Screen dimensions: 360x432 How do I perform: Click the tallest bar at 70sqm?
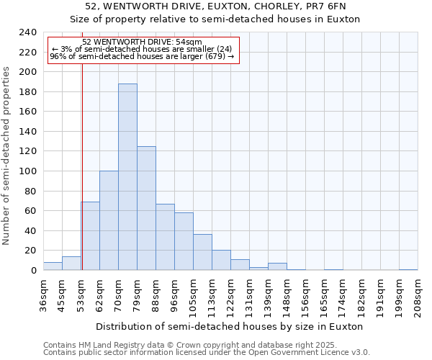click(127, 177)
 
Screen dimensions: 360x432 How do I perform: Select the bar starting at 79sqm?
click(146, 209)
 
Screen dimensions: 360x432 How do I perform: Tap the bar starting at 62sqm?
click(109, 221)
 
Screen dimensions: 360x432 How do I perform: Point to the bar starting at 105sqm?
click(202, 253)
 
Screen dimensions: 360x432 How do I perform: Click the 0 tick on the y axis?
click(33, 271)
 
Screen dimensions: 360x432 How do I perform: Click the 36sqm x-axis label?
click(43, 295)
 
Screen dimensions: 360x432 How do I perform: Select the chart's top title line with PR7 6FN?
click(215, 6)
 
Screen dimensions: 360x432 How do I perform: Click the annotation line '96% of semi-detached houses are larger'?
click(142, 56)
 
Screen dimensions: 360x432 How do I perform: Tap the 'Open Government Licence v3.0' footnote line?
click(207, 353)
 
